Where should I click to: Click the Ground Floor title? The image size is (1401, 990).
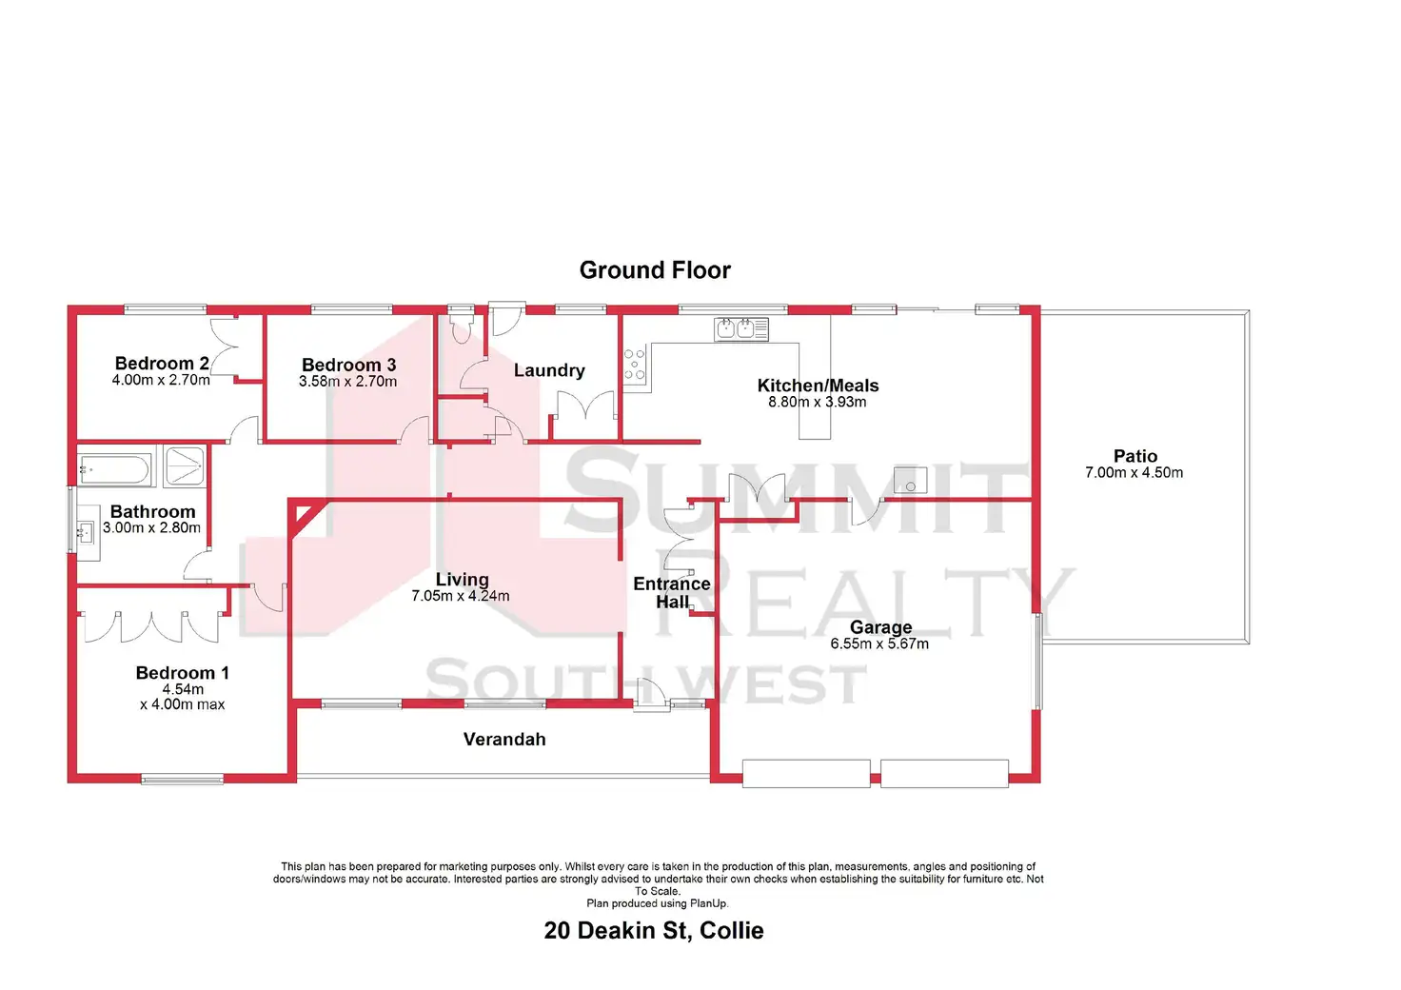click(655, 270)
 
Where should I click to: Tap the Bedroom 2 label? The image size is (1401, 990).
click(162, 364)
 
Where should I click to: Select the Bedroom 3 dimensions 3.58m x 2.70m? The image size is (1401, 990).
click(347, 382)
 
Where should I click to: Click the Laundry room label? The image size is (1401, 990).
click(549, 370)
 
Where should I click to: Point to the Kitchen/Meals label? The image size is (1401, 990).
click(819, 386)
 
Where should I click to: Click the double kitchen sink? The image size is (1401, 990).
click(741, 329)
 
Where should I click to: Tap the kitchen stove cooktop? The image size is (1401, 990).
click(634, 365)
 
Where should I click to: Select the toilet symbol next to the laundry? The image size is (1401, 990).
click(462, 327)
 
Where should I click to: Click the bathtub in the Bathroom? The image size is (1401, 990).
click(115, 469)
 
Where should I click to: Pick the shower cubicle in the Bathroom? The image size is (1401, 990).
click(184, 465)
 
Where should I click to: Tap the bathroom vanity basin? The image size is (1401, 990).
click(87, 533)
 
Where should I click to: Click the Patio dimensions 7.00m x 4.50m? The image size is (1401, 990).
click(1134, 473)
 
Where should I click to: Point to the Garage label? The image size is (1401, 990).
click(880, 626)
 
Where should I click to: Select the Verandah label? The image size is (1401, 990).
click(504, 740)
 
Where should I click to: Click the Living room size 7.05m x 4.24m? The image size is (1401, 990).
click(461, 596)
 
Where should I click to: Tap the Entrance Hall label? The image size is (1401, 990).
click(672, 593)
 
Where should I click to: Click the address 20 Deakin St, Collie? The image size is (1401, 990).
click(654, 931)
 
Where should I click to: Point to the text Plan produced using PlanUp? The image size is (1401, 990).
click(658, 903)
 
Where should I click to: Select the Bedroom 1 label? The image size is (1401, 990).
click(182, 673)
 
